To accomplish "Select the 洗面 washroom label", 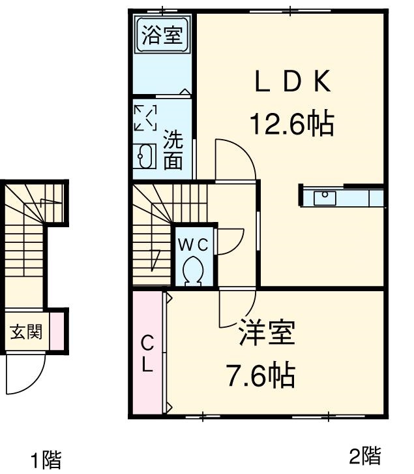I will pyautogui.click(x=173, y=150).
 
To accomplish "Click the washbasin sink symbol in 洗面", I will pyautogui.click(x=145, y=157).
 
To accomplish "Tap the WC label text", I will pyautogui.click(x=194, y=245).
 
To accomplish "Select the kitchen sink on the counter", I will pyautogui.click(x=324, y=197).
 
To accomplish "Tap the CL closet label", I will pyautogui.click(x=148, y=353).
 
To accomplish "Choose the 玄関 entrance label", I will pyautogui.click(x=27, y=332).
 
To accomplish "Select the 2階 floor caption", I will pyautogui.click(x=364, y=454).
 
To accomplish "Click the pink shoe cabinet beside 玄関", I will pyautogui.click(x=57, y=332).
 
